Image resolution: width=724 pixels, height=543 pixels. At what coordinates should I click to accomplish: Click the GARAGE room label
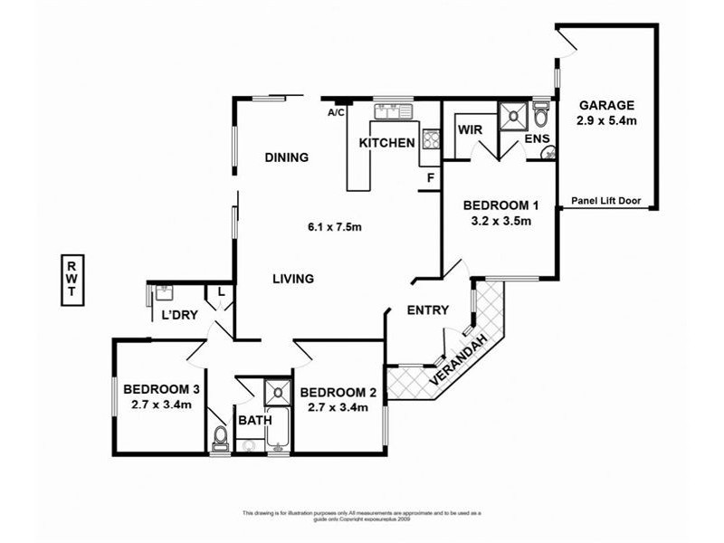coord(606,104)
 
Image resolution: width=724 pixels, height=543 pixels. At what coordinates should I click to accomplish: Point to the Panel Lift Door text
coord(607,202)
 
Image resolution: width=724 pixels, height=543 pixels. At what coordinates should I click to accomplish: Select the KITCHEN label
coord(387,143)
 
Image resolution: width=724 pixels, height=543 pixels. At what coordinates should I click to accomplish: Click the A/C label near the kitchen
coord(336,113)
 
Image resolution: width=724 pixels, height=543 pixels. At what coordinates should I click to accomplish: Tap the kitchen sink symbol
coord(395,112)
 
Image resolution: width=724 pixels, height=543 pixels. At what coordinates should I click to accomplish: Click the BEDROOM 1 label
coord(494,204)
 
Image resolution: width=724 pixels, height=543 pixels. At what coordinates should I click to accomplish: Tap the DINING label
coord(287,157)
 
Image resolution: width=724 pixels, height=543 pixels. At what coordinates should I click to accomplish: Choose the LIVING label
coord(293,279)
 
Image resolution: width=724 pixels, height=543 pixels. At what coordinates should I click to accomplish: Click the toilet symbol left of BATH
coord(219,440)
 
